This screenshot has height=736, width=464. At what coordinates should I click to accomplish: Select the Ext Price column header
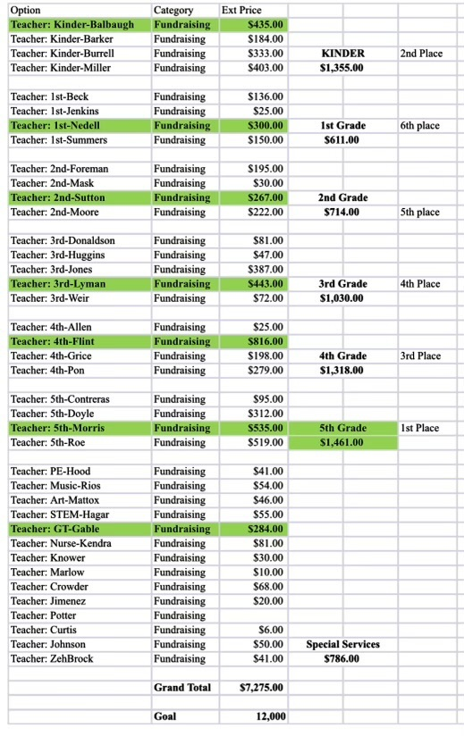[x=241, y=10]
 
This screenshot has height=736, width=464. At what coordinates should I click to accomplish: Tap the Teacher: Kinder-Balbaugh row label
[x=72, y=24]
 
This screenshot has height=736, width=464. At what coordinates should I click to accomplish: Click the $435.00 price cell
[x=266, y=24]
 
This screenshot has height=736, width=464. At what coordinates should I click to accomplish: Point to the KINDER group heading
[x=342, y=54]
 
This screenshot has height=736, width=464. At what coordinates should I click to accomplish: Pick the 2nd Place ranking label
[x=421, y=54]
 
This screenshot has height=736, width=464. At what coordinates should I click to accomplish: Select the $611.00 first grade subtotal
[x=340, y=140]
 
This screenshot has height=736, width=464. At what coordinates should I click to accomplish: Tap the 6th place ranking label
[x=420, y=126]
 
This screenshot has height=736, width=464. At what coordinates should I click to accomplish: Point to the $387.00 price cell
[x=266, y=269]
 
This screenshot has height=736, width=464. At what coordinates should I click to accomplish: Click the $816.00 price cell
[x=266, y=341]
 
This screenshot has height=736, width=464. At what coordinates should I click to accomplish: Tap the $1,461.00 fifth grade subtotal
[x=342, y=442]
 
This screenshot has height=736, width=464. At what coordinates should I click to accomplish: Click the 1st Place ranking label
[x=420, y=428]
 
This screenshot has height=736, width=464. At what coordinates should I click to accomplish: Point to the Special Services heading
[x=342, y=644]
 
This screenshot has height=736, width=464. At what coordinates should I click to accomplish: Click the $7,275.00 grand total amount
[x=262, y=687]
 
